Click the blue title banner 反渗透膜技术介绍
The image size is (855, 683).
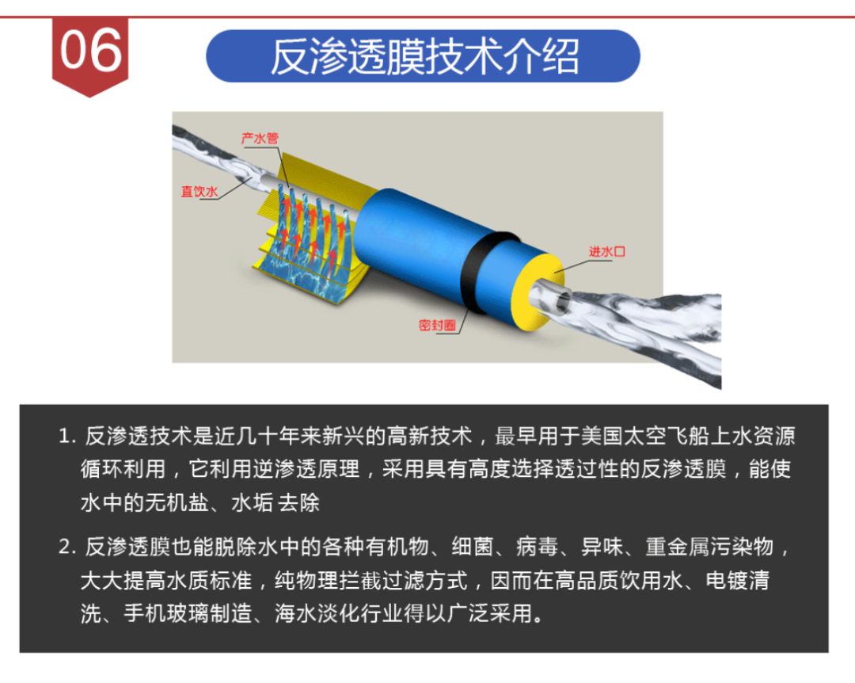(424, 56)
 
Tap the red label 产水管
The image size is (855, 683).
(260, 139)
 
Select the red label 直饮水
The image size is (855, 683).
(199, 192)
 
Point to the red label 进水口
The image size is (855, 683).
(608, 252)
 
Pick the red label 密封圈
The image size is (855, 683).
(436, 325)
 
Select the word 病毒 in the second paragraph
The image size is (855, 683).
(539, 548)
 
